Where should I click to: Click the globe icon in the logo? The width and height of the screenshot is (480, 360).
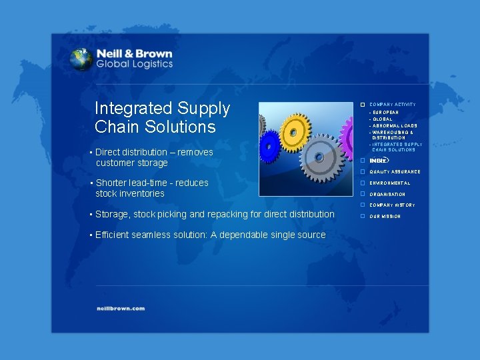[81, 59]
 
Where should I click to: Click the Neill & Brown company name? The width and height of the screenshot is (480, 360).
[134, 54]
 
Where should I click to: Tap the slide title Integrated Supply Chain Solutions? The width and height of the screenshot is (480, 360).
[162, 117]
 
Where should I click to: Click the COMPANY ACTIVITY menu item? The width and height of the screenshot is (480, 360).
[393, 105]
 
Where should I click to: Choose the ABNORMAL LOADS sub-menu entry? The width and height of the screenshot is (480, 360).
[394, 125]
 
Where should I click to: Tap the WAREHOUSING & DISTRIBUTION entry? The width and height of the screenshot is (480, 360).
[393, 135]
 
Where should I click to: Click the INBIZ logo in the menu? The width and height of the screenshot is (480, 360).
[379, 160]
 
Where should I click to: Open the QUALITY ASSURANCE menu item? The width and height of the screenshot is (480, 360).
[395, 172]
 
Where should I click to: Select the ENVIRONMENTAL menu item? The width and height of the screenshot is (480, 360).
[390, 183]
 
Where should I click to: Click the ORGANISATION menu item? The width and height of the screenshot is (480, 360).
[387, 195]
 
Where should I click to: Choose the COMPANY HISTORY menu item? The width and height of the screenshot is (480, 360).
[392, 205]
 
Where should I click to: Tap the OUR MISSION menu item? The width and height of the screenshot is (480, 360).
[385, 217]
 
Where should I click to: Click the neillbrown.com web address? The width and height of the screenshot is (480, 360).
[119, 309]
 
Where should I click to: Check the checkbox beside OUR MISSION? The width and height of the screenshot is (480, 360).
[362, 217]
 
